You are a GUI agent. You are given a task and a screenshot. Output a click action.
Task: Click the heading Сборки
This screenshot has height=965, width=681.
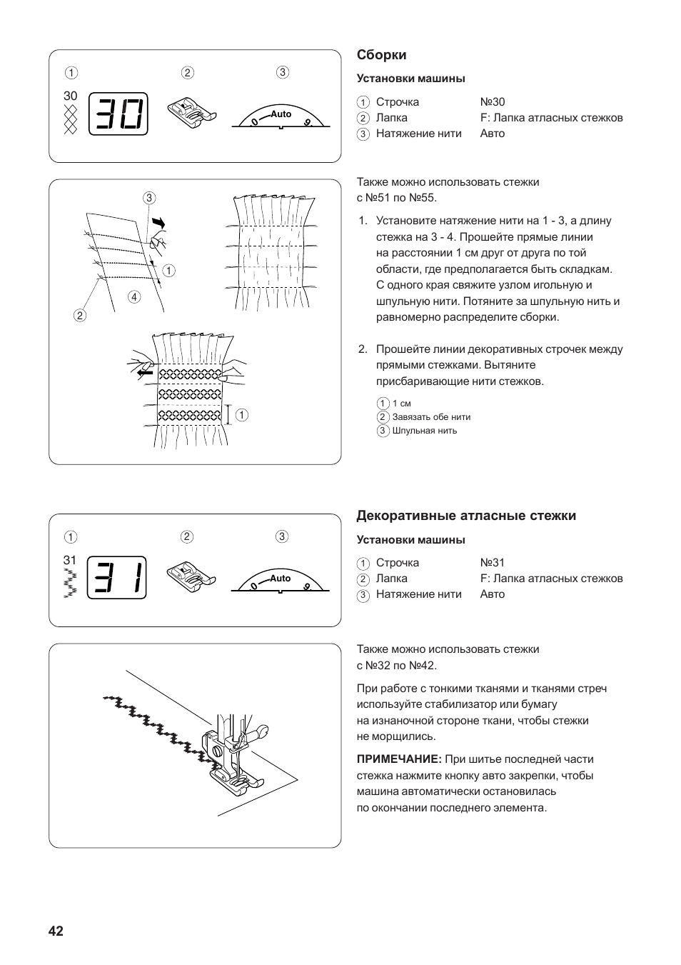(x=381, y=55)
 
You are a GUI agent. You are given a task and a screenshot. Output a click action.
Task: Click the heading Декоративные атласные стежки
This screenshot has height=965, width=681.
(x=465, y=516)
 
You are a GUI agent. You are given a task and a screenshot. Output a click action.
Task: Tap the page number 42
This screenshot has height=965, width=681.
(x=56, y=931)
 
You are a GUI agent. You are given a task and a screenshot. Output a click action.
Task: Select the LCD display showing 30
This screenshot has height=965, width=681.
(x=118, y=114)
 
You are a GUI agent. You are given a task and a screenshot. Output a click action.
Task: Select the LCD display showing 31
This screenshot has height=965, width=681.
(x=117, y=578)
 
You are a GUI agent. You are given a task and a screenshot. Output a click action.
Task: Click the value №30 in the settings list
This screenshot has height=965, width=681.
(x=492, y=102)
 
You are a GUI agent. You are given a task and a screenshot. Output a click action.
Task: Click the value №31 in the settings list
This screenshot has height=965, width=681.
(x=492, y=563)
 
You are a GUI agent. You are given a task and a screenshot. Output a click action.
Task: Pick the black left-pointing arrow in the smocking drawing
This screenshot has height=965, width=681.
(x=146, y=371)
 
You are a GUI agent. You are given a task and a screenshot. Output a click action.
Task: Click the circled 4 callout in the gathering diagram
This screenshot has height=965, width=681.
(x=134, y=296)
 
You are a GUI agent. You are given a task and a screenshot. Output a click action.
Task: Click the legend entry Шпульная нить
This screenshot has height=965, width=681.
(x=424, y=431)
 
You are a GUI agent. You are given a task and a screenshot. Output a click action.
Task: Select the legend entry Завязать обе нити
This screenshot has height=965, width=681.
(x=431, y=417)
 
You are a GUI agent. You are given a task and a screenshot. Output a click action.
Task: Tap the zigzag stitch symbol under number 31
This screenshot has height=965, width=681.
(x=69, y=584)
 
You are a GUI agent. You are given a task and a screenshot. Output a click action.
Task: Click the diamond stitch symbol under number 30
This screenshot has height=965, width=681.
(x=70, y=119)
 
